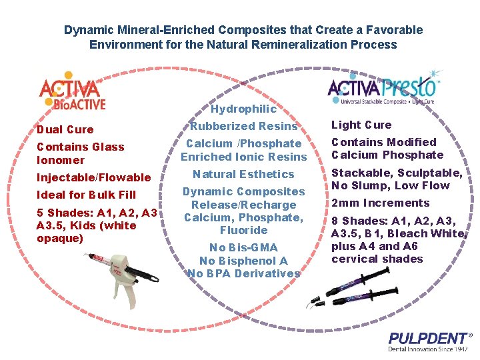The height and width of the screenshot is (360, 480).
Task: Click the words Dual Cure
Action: tap(65, 129)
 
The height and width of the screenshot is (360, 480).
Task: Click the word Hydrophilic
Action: tap(243, 109)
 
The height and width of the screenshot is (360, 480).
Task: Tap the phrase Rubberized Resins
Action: tap(243, 126)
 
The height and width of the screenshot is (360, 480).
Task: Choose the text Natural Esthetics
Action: tap(243, 174)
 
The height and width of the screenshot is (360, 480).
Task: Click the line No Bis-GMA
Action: tap(243, 248)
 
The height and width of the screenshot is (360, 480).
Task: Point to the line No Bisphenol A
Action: tap(243, 261)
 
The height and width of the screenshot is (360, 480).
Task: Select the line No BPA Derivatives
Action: tap(243, 273)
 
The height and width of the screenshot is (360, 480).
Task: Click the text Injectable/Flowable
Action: tap(93, 177)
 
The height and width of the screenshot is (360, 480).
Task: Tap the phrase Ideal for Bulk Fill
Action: tap(86, 195)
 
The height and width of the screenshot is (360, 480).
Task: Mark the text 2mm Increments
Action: tap(380, 203)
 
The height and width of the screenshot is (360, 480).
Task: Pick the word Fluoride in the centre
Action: tap(243, 230)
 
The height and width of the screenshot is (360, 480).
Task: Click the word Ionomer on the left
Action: tap(61, 160)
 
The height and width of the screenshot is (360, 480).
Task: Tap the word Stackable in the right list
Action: tap(355, 173)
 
